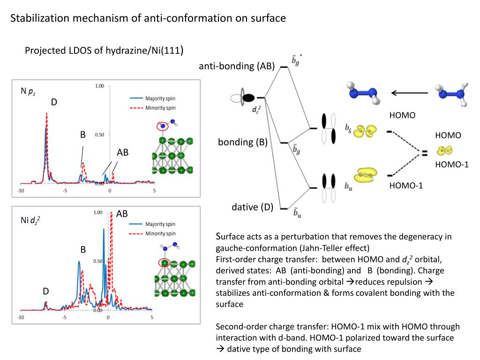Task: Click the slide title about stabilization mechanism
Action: tap(148, 19)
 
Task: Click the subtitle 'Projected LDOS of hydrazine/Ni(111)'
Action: tap(104, 50)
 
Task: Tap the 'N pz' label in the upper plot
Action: tap(28, 92)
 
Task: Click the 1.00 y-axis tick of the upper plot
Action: tap(99, 86)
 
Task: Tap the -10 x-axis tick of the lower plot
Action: tap(21, 317)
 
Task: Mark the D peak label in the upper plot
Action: tap(54, 102)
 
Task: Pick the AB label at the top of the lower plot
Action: tap(122, 214)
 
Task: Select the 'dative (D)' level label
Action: tap(252, 207)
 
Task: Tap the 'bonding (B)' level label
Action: tap(242, 142)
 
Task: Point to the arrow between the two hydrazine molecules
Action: tap(410, 93)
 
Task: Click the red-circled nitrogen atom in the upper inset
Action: tap(163, 126)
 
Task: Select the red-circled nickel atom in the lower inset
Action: tap(165, 263)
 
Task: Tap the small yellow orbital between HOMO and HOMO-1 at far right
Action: tap(444, 150)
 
